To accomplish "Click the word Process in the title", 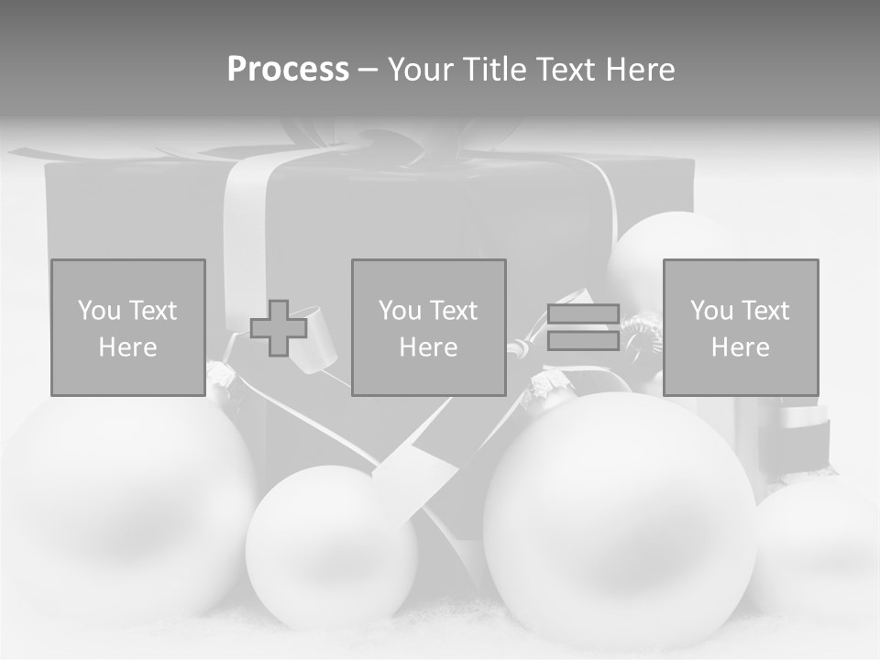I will [288, 70].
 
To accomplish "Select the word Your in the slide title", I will [420, 70].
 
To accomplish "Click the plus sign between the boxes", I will [279, 328].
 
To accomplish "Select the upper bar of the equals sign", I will [583, 313].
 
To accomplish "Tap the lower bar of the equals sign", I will [583, 341].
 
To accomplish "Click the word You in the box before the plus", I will [97, 311].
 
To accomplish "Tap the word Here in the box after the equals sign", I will [740, 347].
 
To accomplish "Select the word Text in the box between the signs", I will [453, 311].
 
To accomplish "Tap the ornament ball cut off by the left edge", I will [119, 513].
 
